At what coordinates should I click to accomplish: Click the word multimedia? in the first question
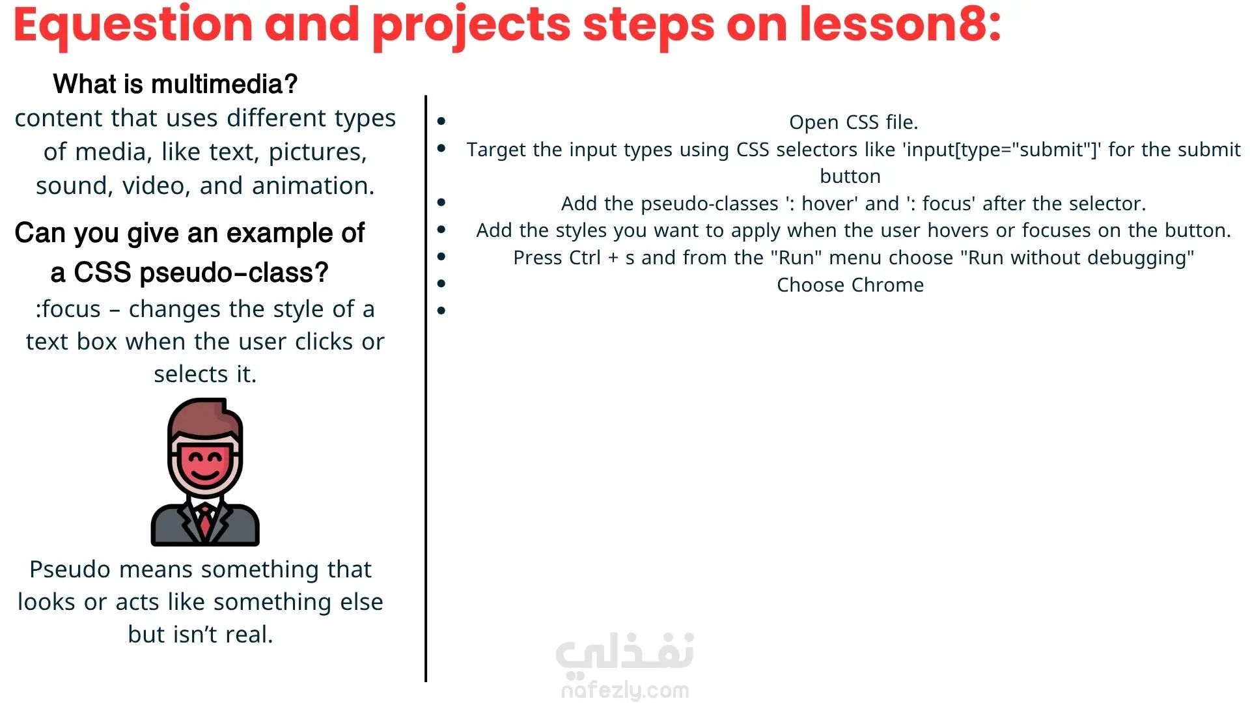point(224,84)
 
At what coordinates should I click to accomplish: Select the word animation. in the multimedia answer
point(313,186)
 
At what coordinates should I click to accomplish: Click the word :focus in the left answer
point(68,309)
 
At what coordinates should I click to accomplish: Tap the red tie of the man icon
point(206,521)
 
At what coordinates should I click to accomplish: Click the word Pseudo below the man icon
point(71,569)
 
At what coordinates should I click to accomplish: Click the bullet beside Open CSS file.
point(441,121)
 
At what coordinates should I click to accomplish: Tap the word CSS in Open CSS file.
point(862,122)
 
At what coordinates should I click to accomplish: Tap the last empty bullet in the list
point(441,311)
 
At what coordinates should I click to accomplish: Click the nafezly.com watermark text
point(625,689)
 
